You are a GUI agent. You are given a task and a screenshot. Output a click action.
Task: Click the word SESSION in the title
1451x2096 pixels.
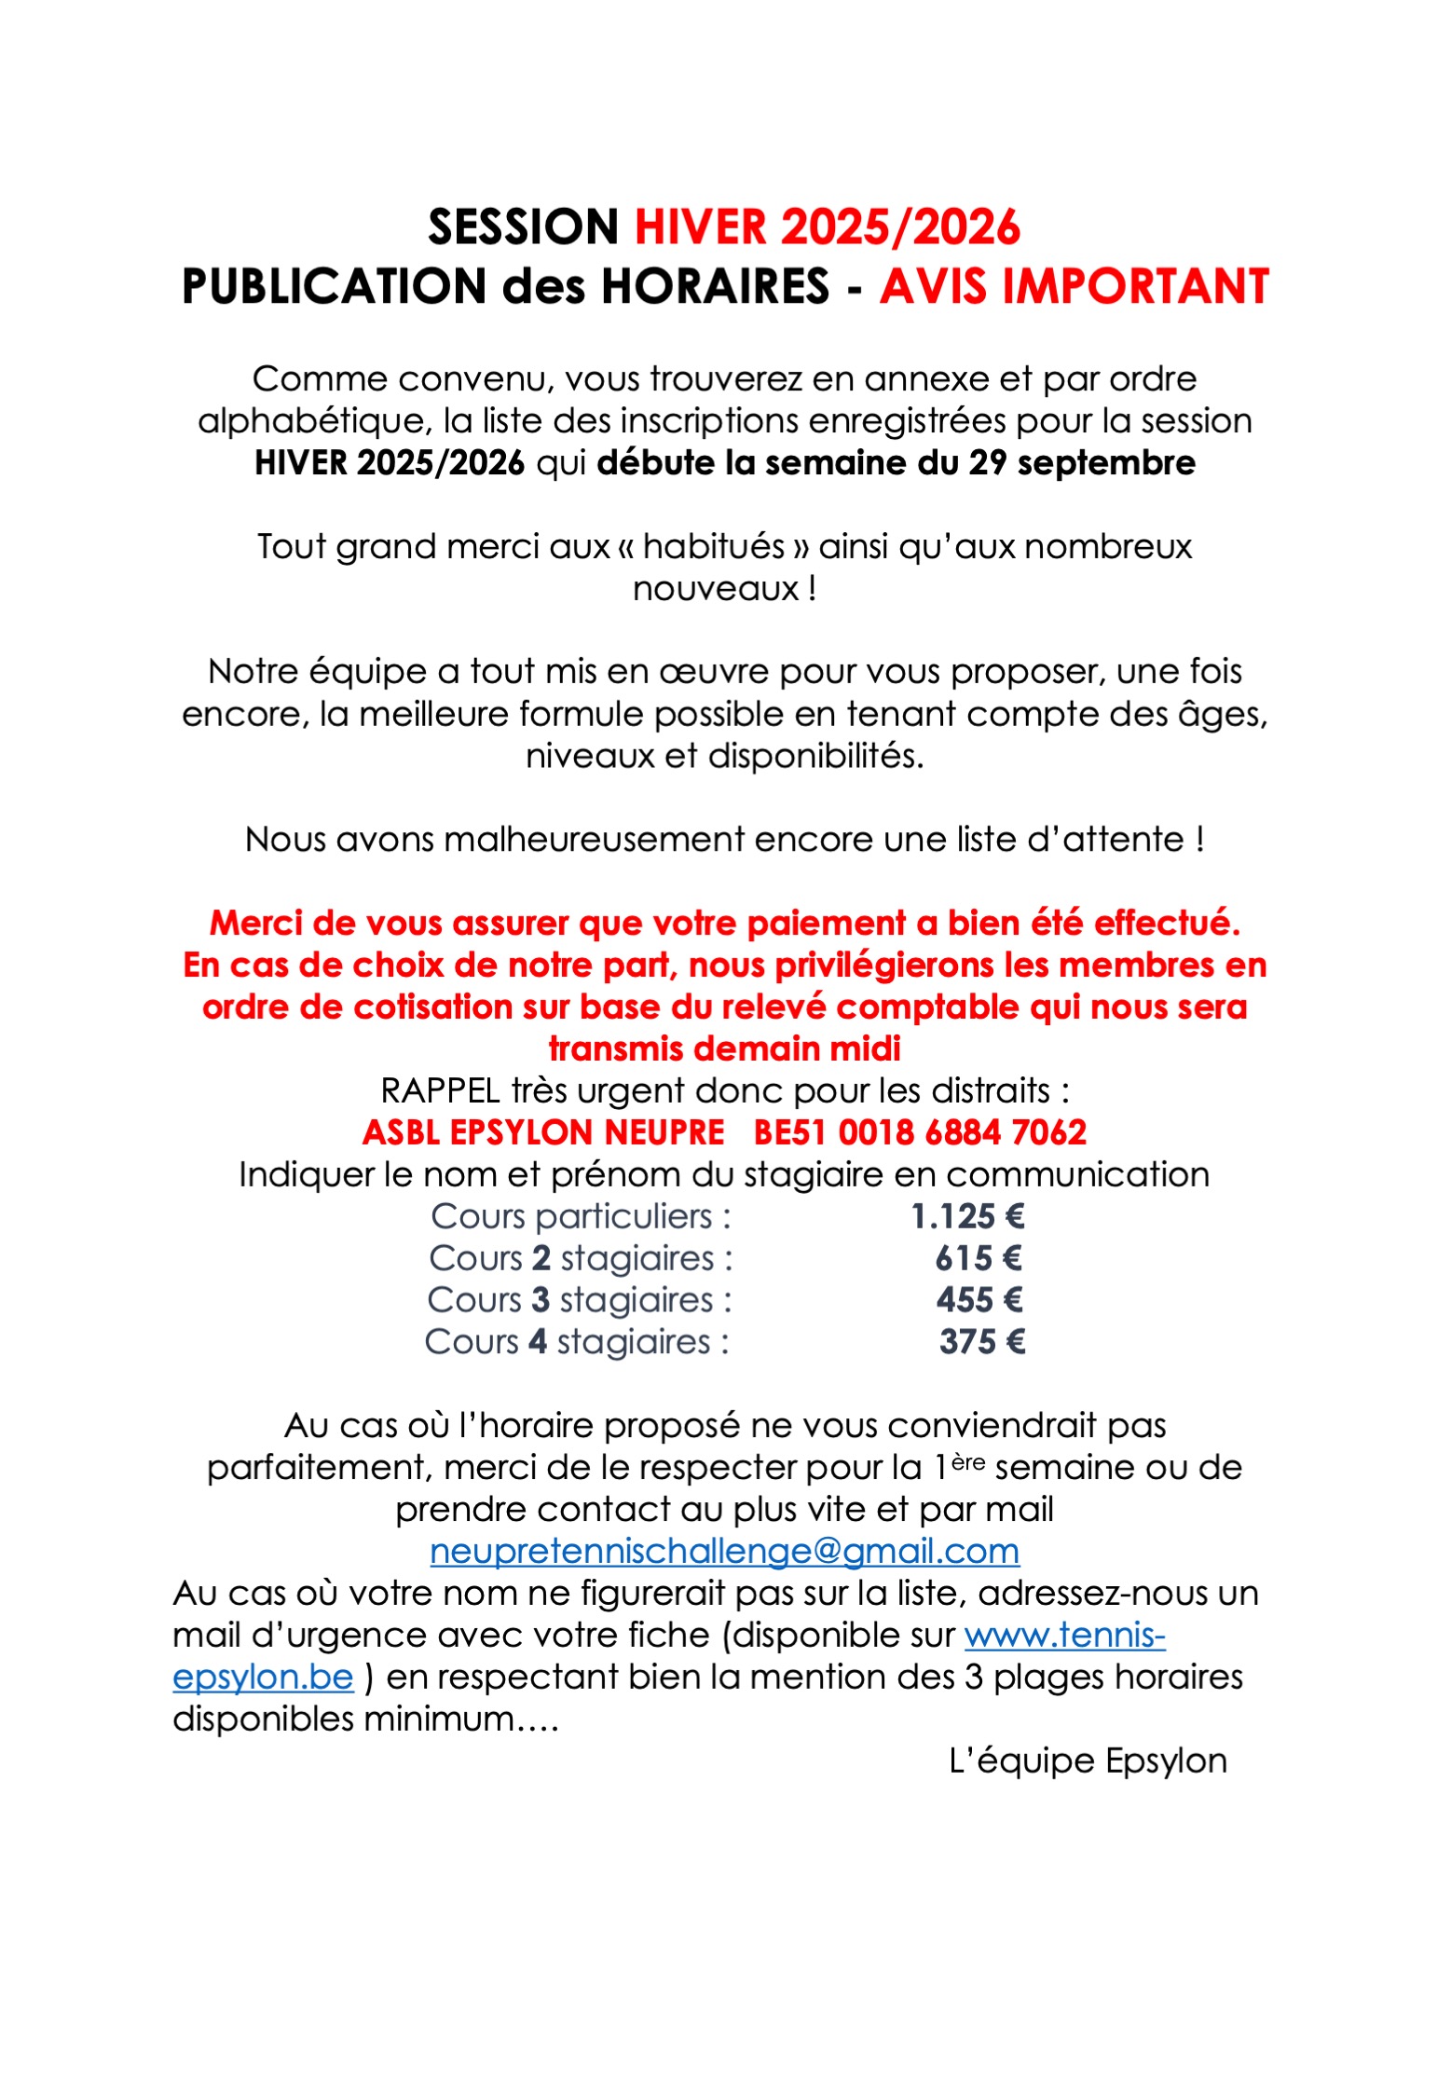coord(523,227)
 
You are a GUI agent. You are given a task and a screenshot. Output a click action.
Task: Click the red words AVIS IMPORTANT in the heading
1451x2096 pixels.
coord(1074,286)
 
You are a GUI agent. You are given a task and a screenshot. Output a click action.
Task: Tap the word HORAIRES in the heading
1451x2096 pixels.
coord(715,286)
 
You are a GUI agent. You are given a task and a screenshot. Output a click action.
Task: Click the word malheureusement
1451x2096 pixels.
coord(594,840)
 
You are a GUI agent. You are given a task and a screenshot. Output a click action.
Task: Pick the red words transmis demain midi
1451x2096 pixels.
coord(724,1049)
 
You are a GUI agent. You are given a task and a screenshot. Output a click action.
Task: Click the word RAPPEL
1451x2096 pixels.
coord(440,1091)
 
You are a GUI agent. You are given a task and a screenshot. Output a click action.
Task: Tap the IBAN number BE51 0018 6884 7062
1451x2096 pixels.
coord(920,1133)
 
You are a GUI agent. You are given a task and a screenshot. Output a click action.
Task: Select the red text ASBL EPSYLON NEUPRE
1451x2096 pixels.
coord(543,1133)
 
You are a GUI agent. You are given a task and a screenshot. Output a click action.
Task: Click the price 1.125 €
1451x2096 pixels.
coord(967,1217)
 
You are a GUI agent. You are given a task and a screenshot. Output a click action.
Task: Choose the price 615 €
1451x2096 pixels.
coord(979,1259)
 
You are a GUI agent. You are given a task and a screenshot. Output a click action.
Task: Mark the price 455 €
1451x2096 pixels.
coord(979,1301)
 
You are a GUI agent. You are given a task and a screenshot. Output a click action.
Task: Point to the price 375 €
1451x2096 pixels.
coord(982,1343)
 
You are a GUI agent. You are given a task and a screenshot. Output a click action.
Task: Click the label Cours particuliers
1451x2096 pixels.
coord(571,1217)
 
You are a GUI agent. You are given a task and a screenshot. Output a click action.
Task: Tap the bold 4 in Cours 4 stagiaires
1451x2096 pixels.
coord(537,1343)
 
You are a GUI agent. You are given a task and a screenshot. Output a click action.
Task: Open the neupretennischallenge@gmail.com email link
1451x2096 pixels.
coord(724,1552)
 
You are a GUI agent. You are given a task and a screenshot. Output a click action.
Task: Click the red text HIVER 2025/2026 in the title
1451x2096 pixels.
coord(827,227)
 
